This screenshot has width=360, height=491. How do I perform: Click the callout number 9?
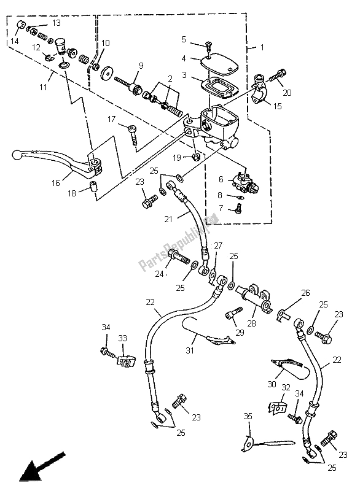(141, 66)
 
